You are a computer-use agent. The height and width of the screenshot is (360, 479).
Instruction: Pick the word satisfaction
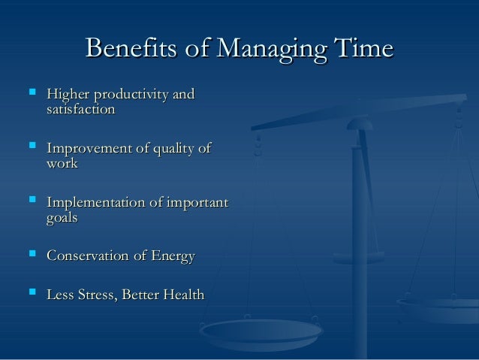coord(80,110)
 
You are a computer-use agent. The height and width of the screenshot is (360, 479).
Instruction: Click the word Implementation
coord(98,204)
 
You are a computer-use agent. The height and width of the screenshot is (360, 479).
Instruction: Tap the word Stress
coord(96,296)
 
